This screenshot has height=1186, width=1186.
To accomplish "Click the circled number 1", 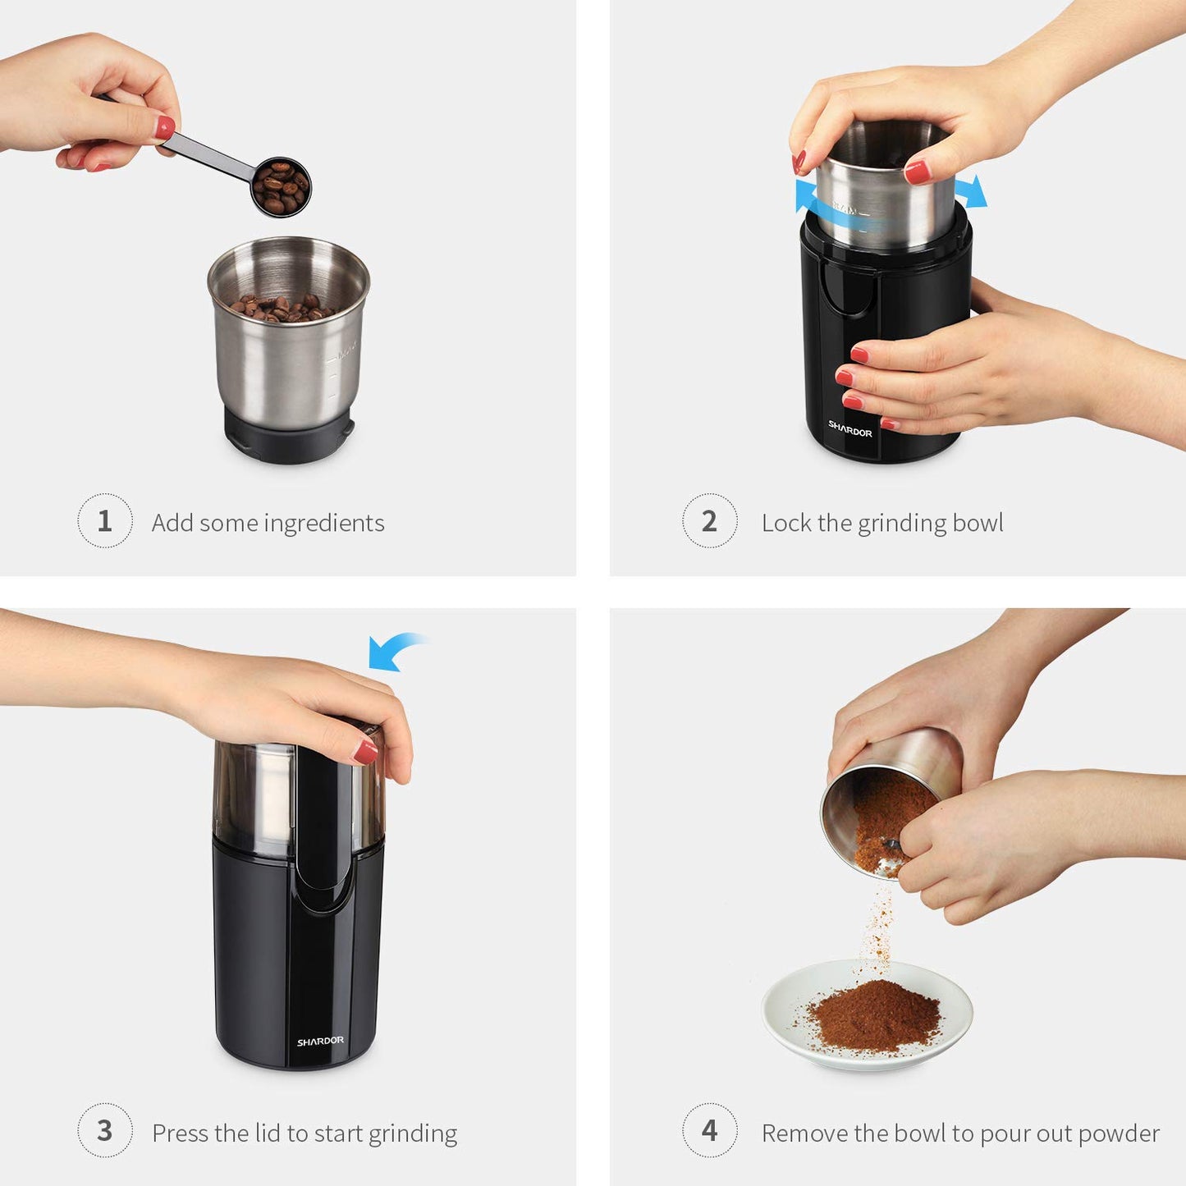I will (x=104, y=520).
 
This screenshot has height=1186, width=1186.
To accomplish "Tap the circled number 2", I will (x=709, y=520).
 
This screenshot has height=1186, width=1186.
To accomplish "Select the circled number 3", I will (x=104, y=1130).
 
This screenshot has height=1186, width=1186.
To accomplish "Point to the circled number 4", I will (x=709, y=1130).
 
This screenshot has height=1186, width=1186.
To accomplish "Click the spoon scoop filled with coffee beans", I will (x=281, y=187).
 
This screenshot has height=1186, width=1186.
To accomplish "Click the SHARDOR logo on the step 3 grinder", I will (x=320, y=1041).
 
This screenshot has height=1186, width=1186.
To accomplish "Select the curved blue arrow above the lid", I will (x=392, y=651).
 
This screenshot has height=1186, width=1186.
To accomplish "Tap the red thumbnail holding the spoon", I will (x=165, y=127).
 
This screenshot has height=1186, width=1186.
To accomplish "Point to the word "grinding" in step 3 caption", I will (x=413, y=1134).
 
